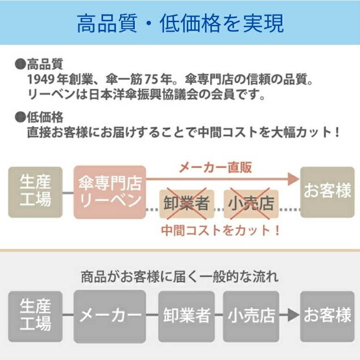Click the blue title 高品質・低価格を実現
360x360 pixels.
point(180,24)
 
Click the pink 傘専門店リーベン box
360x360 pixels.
point(110,192)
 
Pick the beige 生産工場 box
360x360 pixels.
point(36,192)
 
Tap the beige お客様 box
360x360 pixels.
point(327,192)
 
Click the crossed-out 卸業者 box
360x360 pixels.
point(187,204)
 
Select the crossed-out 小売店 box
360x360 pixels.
point(251,204)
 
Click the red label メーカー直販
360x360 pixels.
point(215,167)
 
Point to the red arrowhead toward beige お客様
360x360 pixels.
point(292,179)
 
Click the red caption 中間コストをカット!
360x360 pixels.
point(221,230)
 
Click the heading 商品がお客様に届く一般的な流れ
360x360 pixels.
point(180,277)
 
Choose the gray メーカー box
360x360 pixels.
point(110,316)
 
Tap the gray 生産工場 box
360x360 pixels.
point(36,316)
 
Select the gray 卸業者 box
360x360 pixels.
point(187,316)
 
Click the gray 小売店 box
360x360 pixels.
point(251,316)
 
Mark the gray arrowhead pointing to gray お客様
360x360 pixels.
point(293,316)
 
